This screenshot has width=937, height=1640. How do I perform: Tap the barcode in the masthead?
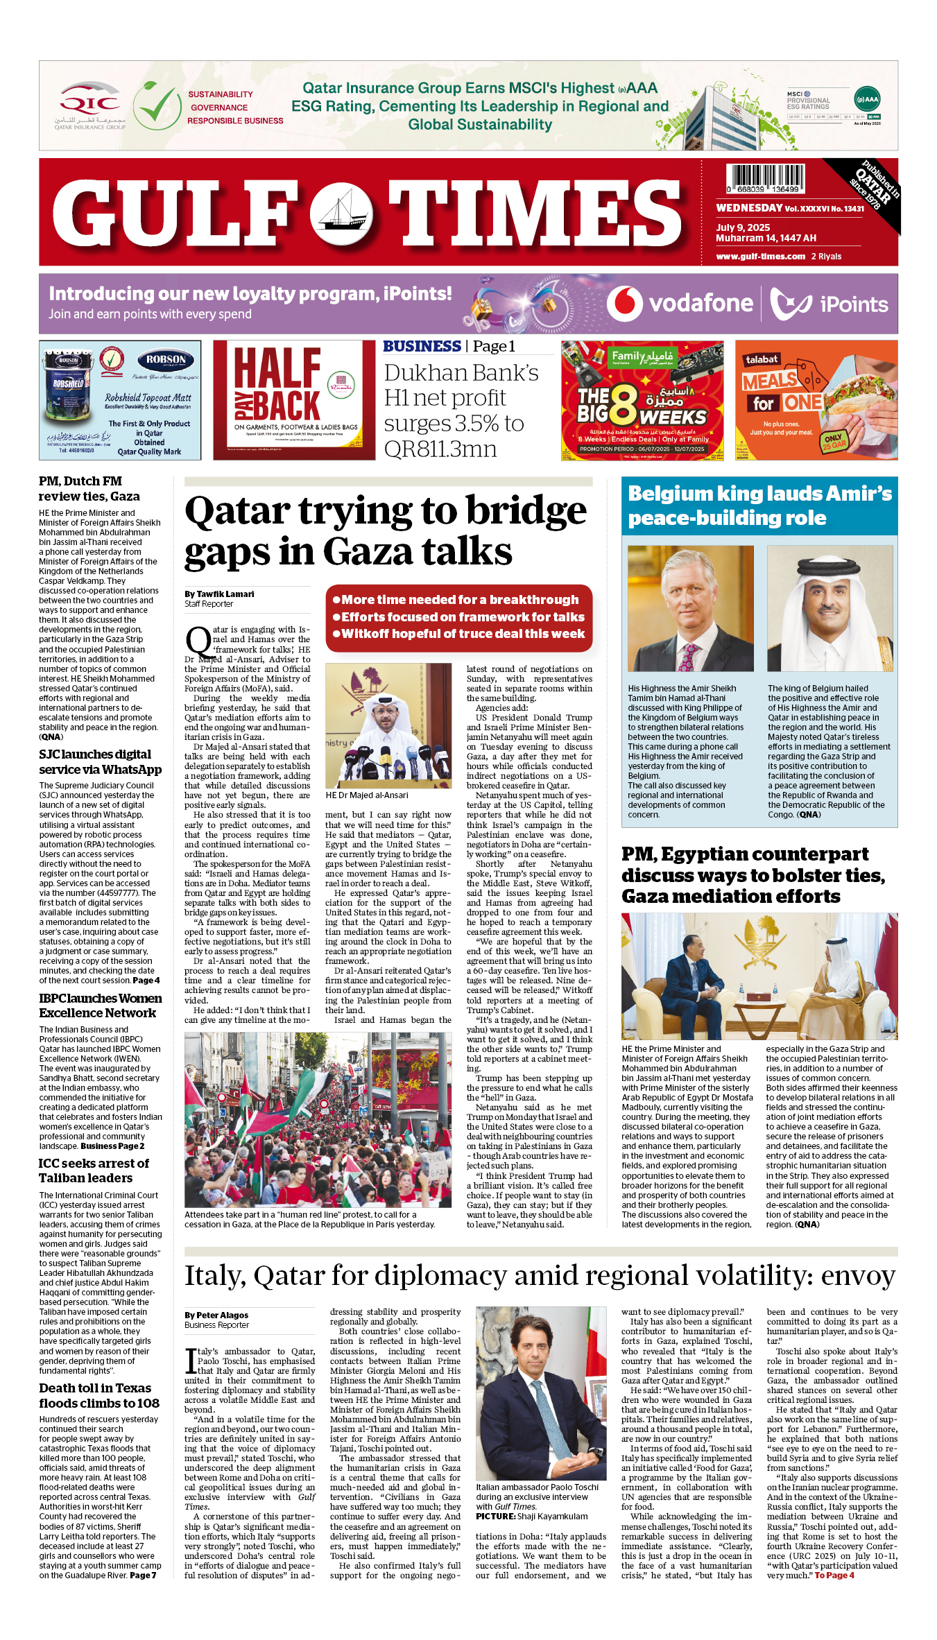pyautogui.click(x=765, y=178)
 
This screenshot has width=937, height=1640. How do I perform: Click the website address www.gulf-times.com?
pyautogui.click(x=760, y=257)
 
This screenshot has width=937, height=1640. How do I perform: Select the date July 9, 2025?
pyautogui.click(x=743, y=227)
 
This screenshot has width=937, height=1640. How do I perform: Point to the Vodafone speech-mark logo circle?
pyautogui.click(x=624, y=304)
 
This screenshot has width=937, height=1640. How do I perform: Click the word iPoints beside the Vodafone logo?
pyautogui.click(x=853, y=304)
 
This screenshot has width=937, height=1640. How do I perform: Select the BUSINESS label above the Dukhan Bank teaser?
pyautogui.click(x=422, y=346)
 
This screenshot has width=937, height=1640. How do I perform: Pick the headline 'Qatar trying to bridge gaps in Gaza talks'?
pyautogui.click(x=386, y=531)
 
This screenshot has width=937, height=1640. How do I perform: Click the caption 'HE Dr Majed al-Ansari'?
pyautogui.click(x=367, y=795)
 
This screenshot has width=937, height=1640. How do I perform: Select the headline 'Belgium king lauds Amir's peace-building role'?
pyautogui.click(x=759, y=506)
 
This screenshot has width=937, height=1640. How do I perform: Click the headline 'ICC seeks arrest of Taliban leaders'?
pyautogui.click(x=94, y=1171)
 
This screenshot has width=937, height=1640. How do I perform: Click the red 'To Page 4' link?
pyautogui.click(x=834, y=1576)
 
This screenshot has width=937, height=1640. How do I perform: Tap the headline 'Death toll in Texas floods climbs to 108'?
pyautogui.click(x=99, y=1395)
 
